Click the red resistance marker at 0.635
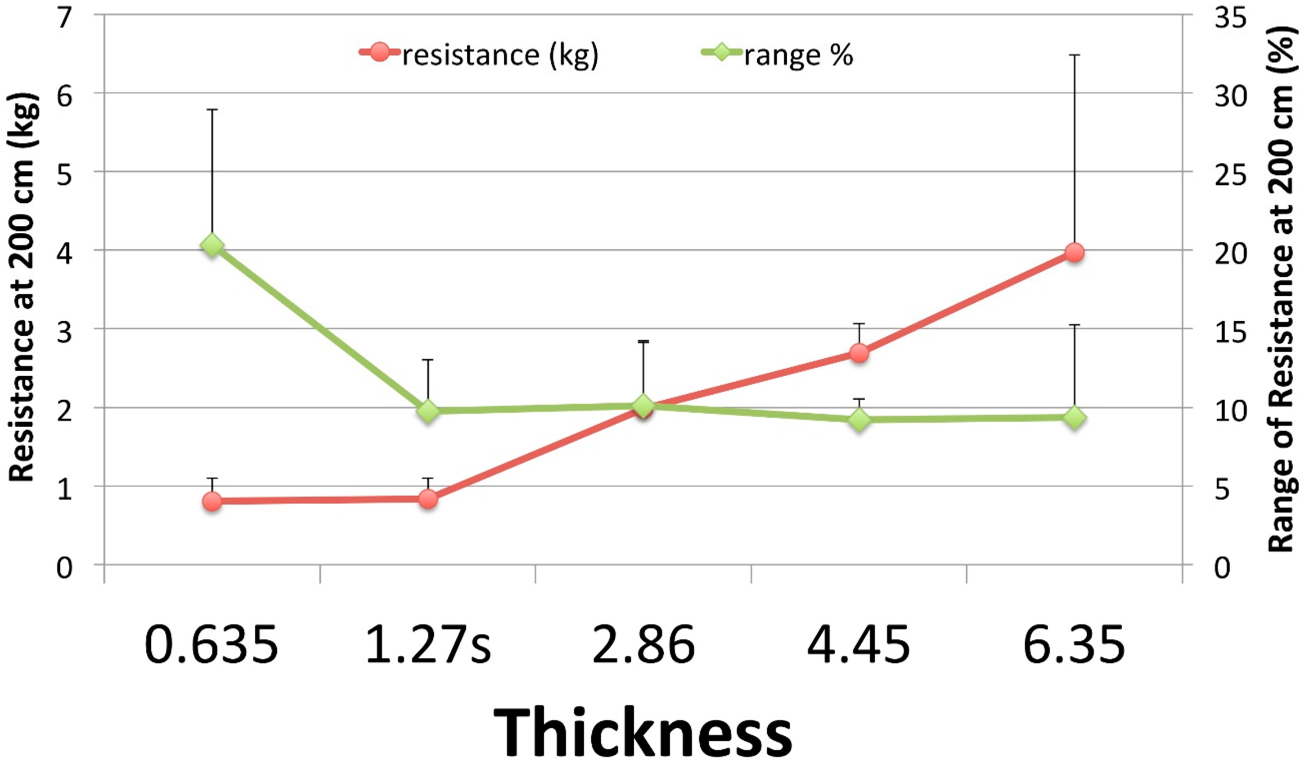pyautogui.click(x=212, y=501)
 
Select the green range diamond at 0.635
pyautogui.click(x=212, y=245)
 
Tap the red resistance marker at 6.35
pyautogui.click(x=1075, y=253)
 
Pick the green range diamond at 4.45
pyautogui.click(x=859, y=419)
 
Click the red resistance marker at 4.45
pyautogui.click(x=859, y=353)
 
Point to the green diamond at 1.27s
pyautogui.click(x=428, y=411)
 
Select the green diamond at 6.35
pyautogui.click(x=1075, y=418)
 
